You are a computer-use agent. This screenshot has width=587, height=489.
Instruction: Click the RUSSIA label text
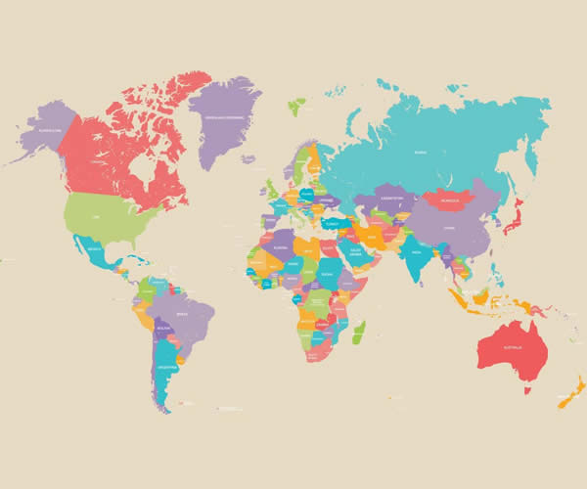421,153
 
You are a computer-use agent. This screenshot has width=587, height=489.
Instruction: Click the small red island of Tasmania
526,388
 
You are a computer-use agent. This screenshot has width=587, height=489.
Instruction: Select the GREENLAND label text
223,116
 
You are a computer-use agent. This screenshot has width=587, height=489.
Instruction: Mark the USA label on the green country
96,215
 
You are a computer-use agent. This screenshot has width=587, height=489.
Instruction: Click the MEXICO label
95,249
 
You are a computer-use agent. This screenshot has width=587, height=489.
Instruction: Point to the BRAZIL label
182,314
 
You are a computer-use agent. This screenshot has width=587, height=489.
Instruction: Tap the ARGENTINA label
167,367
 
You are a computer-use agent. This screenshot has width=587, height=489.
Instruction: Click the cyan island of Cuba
137,259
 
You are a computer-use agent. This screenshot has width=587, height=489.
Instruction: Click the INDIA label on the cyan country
415,252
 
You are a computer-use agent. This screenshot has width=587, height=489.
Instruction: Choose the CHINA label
449,228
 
